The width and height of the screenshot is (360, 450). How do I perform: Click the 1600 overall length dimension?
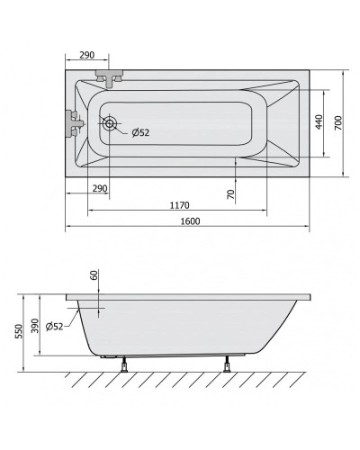[x=190, y=221]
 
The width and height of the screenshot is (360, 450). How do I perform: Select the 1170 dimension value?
[x=180, y=205]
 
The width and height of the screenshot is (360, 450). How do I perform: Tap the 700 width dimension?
[x=337, y=122]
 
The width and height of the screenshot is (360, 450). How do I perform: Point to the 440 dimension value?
[x=319, y=122]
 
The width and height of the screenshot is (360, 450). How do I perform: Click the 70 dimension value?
[x=230, y=194]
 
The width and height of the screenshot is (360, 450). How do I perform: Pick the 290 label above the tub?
[x=87, y=55]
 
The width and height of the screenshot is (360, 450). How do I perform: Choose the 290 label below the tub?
[x=100, y=188]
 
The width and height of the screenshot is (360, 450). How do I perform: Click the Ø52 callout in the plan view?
[x=140, y=132]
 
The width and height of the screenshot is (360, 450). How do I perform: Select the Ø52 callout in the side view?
[x=55, y=326]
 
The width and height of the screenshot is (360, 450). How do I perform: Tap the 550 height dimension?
[x=19, y=331]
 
